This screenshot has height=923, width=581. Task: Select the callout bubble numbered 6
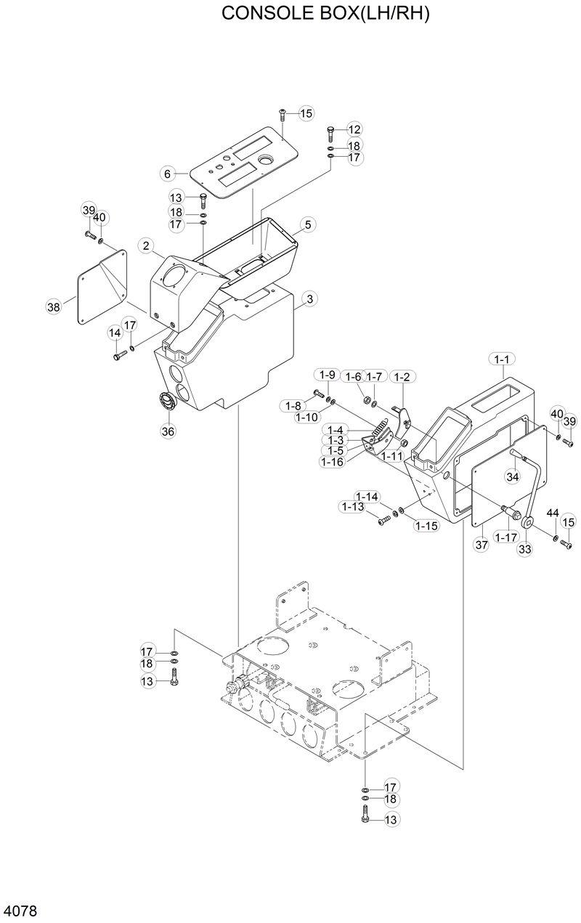(167, 174)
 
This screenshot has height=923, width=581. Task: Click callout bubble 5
(307, 225)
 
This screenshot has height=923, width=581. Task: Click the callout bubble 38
(54, 307)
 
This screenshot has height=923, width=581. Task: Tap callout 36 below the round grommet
(168, 431)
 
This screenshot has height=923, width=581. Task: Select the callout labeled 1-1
(503, 359)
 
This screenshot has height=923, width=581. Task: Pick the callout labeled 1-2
(401, 376)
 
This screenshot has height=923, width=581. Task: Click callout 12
(354, 130)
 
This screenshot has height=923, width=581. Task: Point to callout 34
(513, 476)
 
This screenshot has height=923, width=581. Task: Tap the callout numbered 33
(524, 549)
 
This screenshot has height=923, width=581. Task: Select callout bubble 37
(480, 545)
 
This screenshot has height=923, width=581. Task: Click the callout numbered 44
(553, 513)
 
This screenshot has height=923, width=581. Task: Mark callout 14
(115, 333)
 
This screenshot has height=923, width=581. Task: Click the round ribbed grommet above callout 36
(168, 401)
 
